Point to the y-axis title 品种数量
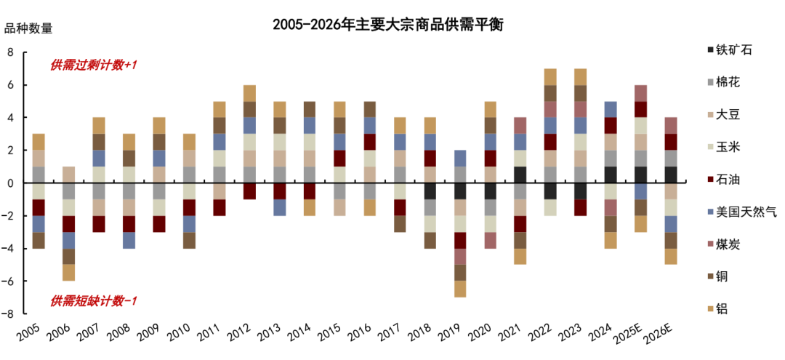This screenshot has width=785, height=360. point(29,29)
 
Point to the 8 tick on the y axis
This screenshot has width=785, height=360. point(11,52)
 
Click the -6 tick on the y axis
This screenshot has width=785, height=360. point(8,281)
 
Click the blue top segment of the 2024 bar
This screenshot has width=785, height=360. point(611,109)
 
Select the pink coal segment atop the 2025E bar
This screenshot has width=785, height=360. point(640,93)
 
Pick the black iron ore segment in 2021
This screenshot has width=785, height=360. point(521,175)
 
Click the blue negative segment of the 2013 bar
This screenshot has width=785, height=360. point(280,207)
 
